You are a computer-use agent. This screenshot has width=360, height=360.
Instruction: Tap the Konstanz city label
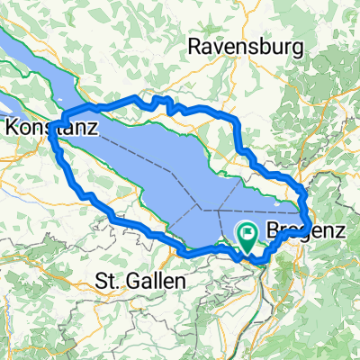[53, 130]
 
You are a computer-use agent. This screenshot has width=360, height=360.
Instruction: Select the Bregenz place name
[306, 231]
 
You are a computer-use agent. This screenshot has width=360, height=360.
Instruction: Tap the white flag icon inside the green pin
[247, 233]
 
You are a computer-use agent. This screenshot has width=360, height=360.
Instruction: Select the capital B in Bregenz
[273, 231]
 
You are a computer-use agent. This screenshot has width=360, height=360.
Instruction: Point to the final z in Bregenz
[341, 231]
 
